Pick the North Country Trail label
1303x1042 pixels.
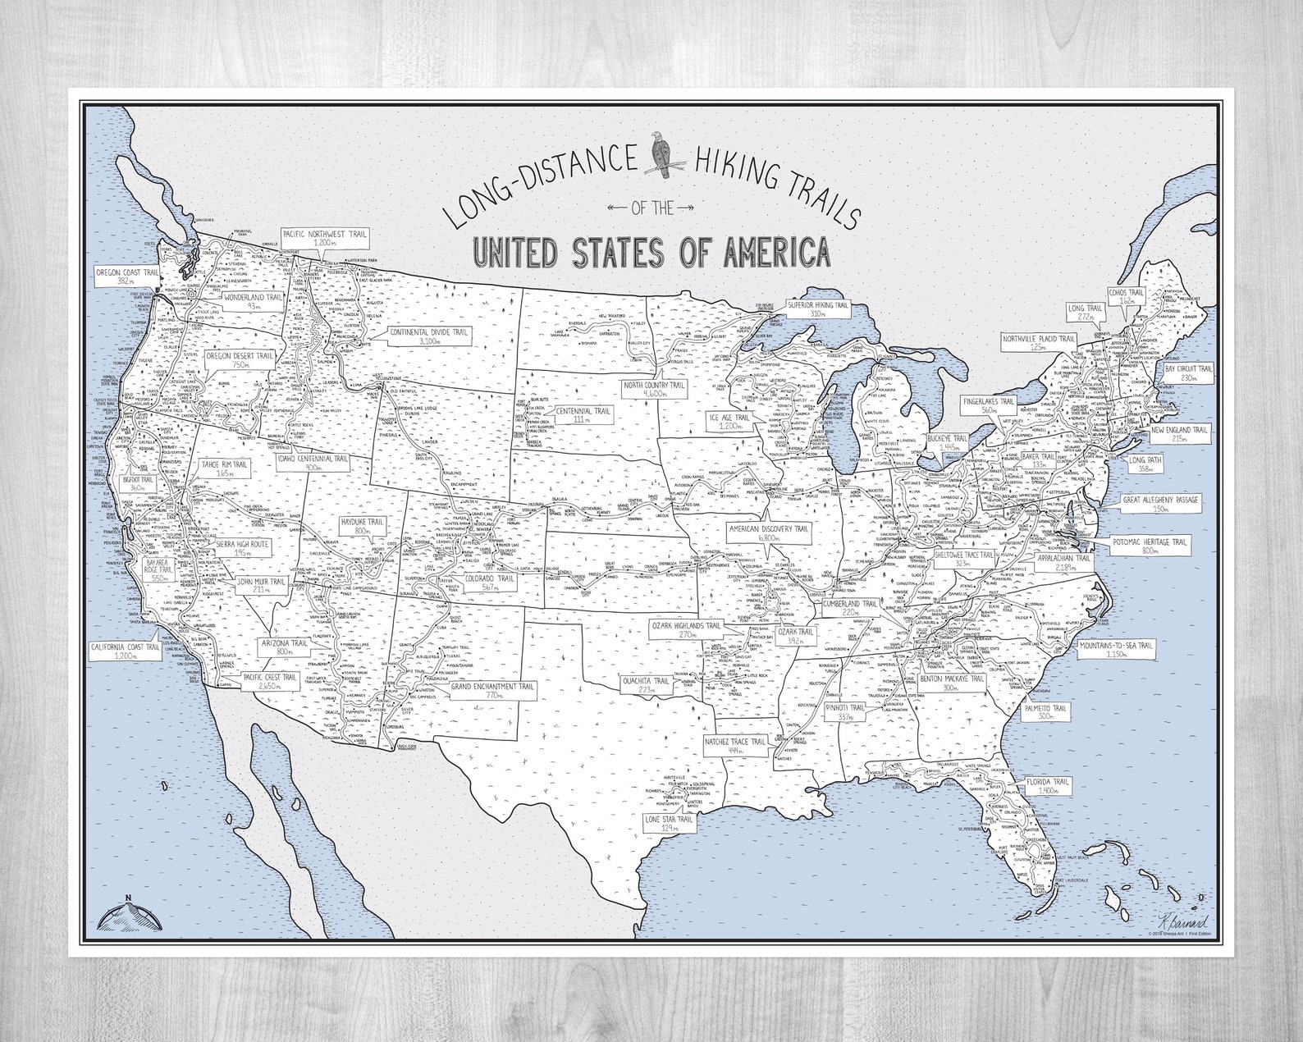(x=655, y=389)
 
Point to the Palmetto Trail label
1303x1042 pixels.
(x=1045, y=711)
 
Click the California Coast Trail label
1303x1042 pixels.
(x=125, y=652)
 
